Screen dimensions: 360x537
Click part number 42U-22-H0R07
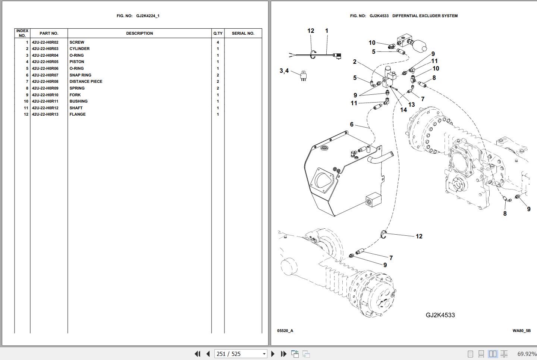[45, 75]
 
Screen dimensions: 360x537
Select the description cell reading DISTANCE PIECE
[86, 82]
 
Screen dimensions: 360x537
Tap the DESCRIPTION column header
[139, 34]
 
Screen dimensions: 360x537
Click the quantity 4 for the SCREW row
[218, 43]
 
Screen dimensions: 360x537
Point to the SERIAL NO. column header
[243, 34]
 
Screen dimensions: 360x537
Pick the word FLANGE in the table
[78, 115]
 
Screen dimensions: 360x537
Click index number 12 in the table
[26, 115]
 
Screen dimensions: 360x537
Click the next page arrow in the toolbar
[273, 354]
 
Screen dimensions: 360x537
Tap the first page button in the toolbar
[197, 354]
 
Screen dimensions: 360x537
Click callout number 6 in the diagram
[352, 125]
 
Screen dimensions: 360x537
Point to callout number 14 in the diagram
[403, 110]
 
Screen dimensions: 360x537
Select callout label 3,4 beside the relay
[284, 71]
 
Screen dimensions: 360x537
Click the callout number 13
[411, 104]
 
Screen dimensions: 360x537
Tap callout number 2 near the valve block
[355, 62]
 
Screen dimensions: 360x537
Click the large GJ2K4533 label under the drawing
[440, 315]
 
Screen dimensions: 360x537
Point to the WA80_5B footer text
[521, 331]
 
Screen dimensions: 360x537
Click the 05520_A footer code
[285, 331]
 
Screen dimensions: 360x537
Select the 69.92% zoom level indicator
[527, 354]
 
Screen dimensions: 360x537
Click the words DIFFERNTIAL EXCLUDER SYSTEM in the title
[425, 16]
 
